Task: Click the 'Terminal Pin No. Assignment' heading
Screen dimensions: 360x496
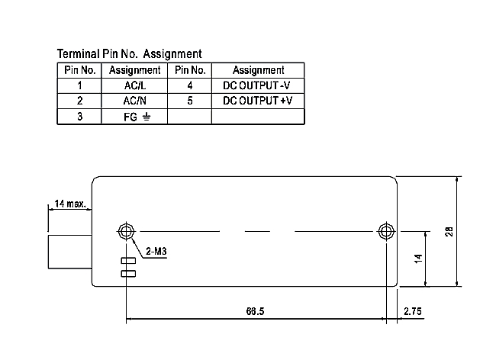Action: (130, 54)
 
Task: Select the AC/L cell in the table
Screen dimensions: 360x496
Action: (134, 85)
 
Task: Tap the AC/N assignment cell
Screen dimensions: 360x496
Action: (134, 101)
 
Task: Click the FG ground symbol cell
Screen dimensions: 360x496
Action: (134, 117)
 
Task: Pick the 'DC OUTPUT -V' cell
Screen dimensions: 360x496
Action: (258, 85)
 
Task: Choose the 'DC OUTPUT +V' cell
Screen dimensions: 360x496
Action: (258, 101)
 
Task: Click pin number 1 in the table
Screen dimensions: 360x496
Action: (79, 85)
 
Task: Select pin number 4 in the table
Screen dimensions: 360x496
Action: (188, 85)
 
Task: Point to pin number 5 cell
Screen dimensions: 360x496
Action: (188, 101)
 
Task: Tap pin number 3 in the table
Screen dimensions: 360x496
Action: (79, 117)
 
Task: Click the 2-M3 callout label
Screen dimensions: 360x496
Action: (157, 250)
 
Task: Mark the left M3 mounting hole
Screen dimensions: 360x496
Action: (126, 230)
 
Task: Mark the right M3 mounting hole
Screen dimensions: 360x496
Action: (386, 230)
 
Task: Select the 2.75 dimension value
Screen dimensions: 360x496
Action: (414, 311)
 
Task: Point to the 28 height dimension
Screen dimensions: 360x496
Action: (449, 231)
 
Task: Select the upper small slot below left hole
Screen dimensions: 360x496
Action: (128, 261)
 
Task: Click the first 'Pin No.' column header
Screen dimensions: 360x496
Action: (79, 70)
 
